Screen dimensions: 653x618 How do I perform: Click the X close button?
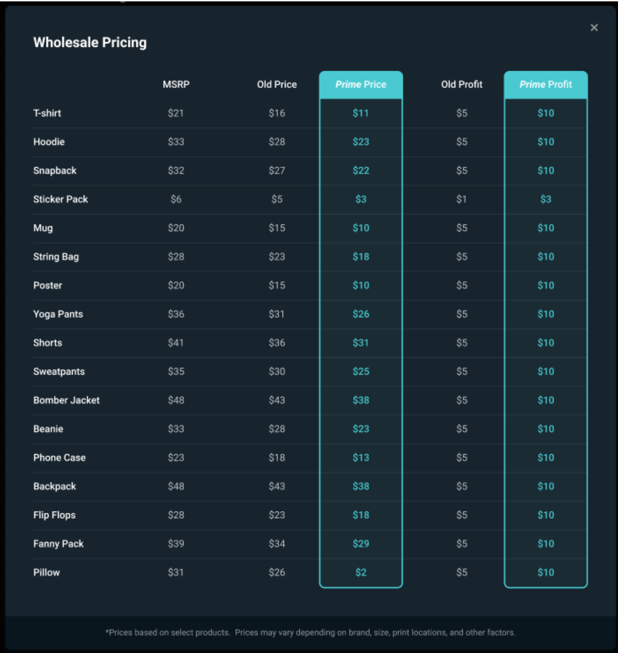[x=594, y=28]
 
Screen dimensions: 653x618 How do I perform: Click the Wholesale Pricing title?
[x=90, y=42]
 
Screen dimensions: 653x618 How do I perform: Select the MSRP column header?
[x=176, y=84]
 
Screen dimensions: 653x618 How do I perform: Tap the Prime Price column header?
[x=361, y=84]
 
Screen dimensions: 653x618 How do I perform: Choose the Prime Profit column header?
[x=545, y=84]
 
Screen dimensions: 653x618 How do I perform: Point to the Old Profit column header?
[x=462, y=84]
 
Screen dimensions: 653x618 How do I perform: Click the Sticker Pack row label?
[x=60, y=199]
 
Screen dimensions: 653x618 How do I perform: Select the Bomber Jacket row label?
[x=66, y=400]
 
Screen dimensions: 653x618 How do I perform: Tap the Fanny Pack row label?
[x=59, y=544]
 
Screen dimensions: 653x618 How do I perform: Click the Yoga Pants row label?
[x=58, y=314]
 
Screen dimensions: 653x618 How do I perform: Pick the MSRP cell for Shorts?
[x=176, y=343]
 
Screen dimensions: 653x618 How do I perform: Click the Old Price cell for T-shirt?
[x=277, y=113]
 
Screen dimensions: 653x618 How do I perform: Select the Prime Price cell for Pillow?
[x=361, y=572]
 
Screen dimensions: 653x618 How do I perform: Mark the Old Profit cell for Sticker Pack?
[x=462, y=199]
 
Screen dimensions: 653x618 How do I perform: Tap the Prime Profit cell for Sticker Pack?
[x=545, y=199]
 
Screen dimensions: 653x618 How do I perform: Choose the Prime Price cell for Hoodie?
[x=361, y=142]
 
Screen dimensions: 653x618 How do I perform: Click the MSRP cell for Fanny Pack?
[x=176, y=544]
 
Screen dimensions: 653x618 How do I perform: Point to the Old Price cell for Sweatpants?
[x=277, y=371]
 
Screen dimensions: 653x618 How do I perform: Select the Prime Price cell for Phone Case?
[x=361, y=457]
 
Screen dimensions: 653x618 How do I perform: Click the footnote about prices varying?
[x=310, y=632]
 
